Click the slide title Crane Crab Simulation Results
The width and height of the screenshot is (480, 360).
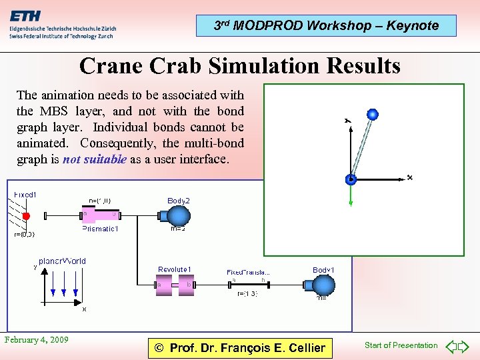point(239,66)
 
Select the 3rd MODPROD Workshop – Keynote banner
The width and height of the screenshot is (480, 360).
point(326,25)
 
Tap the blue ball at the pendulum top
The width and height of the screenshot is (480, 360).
point(373,115)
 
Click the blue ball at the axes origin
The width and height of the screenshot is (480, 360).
point(351,179)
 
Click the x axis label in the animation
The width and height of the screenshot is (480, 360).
point(409,177)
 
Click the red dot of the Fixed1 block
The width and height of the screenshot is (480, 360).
point(27,216)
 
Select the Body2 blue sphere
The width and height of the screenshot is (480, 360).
point(178,216)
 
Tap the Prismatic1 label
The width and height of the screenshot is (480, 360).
point(100,229)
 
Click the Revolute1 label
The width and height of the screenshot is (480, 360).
point(175,269)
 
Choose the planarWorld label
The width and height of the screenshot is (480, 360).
point(62,261)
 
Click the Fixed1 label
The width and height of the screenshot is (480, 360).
point(25,195)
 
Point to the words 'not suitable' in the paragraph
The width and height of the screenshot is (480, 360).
point(94,160)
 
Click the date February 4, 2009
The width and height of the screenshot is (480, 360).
point(37,340)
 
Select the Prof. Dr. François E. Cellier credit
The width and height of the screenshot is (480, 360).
point(239,347)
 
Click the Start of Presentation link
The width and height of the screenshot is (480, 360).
point(401,345)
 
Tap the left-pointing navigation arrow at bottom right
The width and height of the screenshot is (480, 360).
point(451,346)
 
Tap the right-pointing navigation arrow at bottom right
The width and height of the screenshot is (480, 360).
point(465,346)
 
